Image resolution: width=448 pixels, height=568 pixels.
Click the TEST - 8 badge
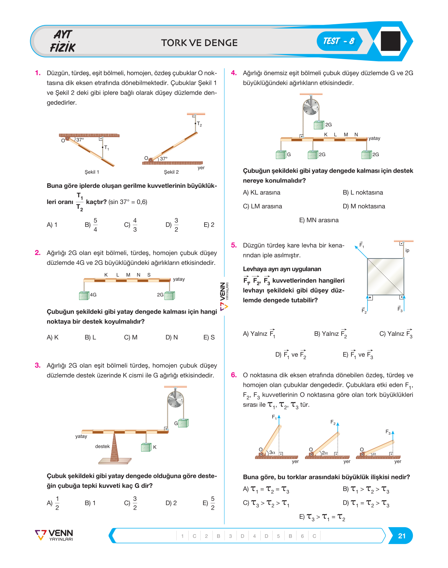[339, 41]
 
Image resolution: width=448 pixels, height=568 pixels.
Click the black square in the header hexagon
[390, 41]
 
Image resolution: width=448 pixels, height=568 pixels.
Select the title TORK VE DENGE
[199, 43]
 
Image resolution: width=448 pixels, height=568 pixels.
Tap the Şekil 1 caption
[92, 172]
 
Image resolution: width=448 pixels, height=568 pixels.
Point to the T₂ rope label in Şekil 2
[199, 124]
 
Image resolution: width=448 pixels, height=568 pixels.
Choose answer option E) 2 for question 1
[209, 225]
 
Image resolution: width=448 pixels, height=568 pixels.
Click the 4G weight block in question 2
[84, 296]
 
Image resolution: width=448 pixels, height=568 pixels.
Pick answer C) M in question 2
[130, 337]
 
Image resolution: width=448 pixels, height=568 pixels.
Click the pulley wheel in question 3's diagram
[175, 399]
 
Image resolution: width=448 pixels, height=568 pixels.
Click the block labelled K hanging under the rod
[146, 447]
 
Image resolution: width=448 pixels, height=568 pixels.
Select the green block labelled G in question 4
[281, 155]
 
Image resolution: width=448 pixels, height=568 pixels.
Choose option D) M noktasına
[364, 206]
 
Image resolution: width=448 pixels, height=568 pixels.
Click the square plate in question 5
[385, 276]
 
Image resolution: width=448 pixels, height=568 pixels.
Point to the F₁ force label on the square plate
[362, 245]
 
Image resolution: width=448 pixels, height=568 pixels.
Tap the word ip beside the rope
[407, 250]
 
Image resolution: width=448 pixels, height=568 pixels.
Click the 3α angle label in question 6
[272, 452]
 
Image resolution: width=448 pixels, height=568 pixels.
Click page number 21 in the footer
[402, 536]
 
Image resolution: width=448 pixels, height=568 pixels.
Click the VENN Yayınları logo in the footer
[54, 535]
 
